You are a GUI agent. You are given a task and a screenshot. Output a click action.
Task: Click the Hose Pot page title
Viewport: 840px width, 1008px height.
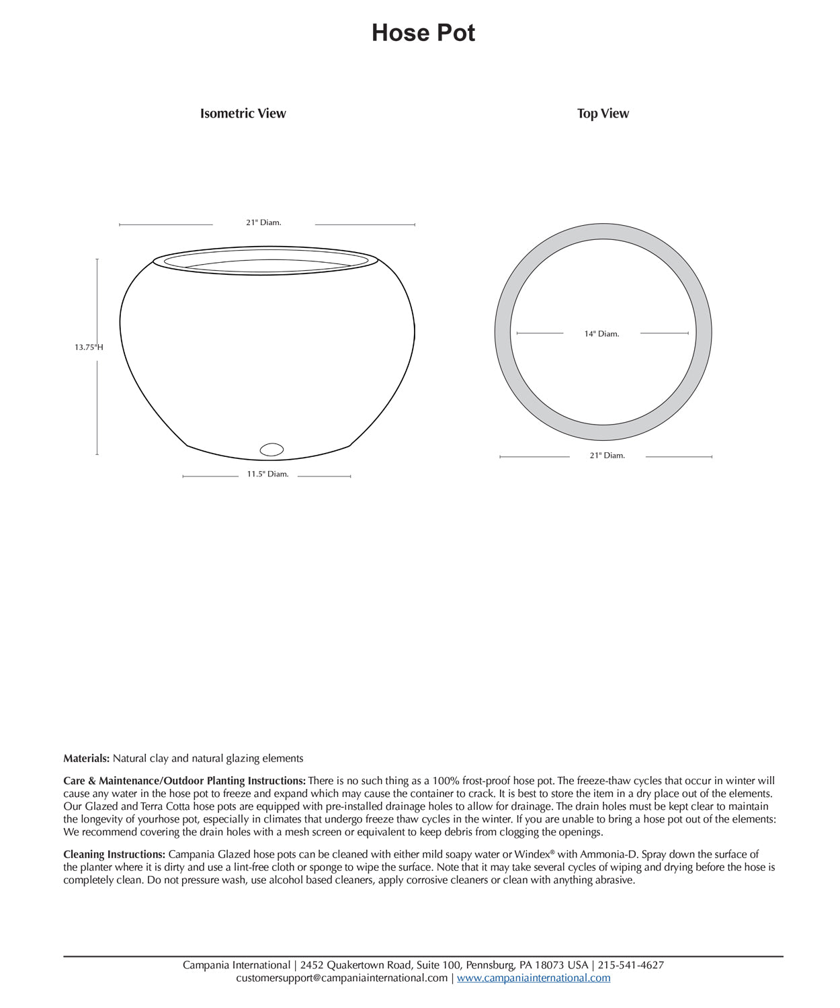click(423, 33)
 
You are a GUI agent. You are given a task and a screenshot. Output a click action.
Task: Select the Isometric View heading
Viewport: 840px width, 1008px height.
click(243, 114)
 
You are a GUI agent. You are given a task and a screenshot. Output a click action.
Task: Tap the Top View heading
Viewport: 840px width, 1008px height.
click(603, 114)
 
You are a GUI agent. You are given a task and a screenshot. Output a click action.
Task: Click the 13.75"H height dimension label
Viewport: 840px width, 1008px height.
click(89, 347)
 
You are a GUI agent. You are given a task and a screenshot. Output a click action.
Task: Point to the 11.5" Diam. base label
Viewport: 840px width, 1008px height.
click(267, 474)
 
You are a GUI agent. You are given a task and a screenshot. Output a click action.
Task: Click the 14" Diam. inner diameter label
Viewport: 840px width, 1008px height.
click(601, 334)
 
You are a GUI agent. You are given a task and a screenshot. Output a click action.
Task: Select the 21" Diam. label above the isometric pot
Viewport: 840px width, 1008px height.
click(263, 222)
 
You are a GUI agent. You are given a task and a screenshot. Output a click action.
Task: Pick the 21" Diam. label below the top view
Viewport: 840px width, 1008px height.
click(607, 456)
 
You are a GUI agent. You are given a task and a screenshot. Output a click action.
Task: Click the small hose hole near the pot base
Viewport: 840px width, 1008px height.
click(271, 450)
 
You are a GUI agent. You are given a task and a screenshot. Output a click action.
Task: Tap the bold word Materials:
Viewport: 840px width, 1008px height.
click(86, 759)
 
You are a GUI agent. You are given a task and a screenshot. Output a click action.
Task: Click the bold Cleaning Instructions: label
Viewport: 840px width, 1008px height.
click(114, 855)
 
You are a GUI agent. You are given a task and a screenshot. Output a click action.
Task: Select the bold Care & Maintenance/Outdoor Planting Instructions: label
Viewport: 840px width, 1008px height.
click(184, 781)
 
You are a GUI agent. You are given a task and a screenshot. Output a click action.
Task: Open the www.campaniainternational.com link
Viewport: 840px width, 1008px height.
click(534, 978)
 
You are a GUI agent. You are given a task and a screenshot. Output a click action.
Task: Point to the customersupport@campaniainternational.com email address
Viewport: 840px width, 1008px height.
click(341, 978)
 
